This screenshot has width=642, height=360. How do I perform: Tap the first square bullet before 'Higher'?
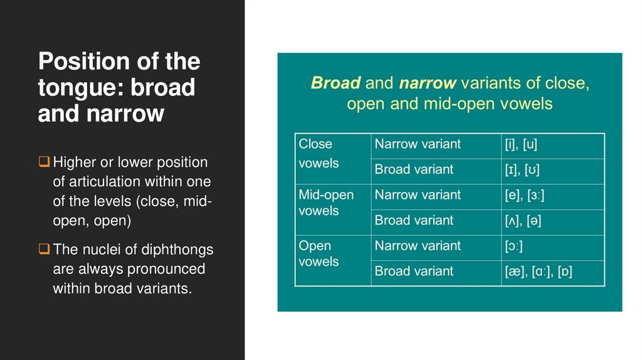point(43,162)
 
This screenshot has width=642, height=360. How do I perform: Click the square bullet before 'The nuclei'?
point(43,250)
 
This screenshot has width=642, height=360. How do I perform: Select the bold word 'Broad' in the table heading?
point(335,83)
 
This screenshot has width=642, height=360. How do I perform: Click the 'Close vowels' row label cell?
point(332,159)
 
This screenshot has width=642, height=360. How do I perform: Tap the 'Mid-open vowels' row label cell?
point(332,209)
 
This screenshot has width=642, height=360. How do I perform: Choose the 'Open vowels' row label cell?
point(332,260)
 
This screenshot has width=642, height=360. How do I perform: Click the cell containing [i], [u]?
point(552,146)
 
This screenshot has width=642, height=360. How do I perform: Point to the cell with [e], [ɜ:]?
point(552,196)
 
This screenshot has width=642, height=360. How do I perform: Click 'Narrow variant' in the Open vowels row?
point(418,246)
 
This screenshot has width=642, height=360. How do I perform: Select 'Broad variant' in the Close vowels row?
point(414,169)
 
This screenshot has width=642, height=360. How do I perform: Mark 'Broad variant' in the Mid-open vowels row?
point(414,220)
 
